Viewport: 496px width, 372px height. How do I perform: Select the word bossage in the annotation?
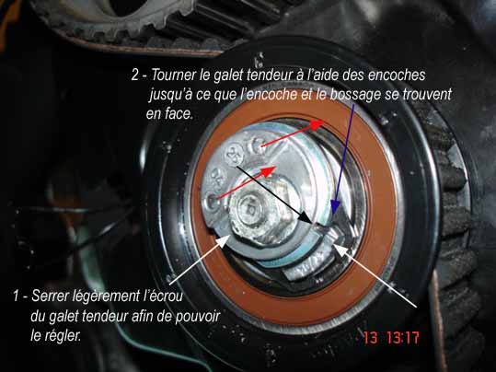coord(355,94)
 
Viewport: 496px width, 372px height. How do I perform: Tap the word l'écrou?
coord(162,296)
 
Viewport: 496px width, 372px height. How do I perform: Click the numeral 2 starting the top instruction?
coord(134,76)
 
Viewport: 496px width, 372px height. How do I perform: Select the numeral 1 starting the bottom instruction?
coord(17,296)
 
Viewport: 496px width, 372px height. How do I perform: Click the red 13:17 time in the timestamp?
coord(403,338)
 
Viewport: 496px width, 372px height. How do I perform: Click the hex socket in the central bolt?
coord(249,209)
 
